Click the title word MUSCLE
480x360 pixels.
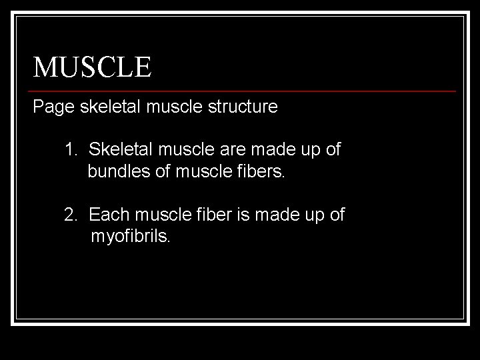[93, 67]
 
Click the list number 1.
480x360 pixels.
[70, 149]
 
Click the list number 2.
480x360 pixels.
[70, 215]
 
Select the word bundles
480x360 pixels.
[114, 171]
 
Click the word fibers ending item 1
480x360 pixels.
[261, 171]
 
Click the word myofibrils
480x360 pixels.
[131, 237]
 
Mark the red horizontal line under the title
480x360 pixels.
[244, 91]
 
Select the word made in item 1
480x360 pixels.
[265, 149]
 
